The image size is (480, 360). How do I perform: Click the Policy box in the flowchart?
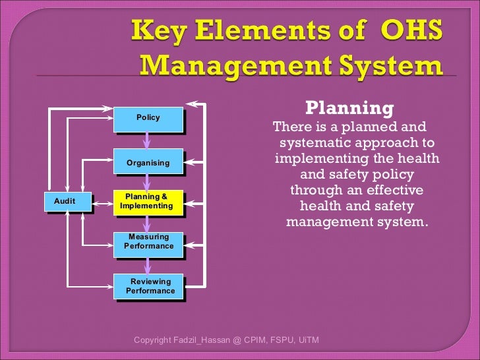148,118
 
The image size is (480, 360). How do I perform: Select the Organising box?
148,162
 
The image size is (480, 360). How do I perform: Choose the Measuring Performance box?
148,242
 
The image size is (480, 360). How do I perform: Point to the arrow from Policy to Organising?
148,140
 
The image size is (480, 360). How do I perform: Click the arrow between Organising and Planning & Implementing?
148,183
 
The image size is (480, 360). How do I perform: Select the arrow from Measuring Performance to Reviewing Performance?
148,264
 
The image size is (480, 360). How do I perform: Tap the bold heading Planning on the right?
350,108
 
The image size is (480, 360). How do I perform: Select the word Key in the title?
157,30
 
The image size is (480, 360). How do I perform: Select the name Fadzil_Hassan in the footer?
198,340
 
